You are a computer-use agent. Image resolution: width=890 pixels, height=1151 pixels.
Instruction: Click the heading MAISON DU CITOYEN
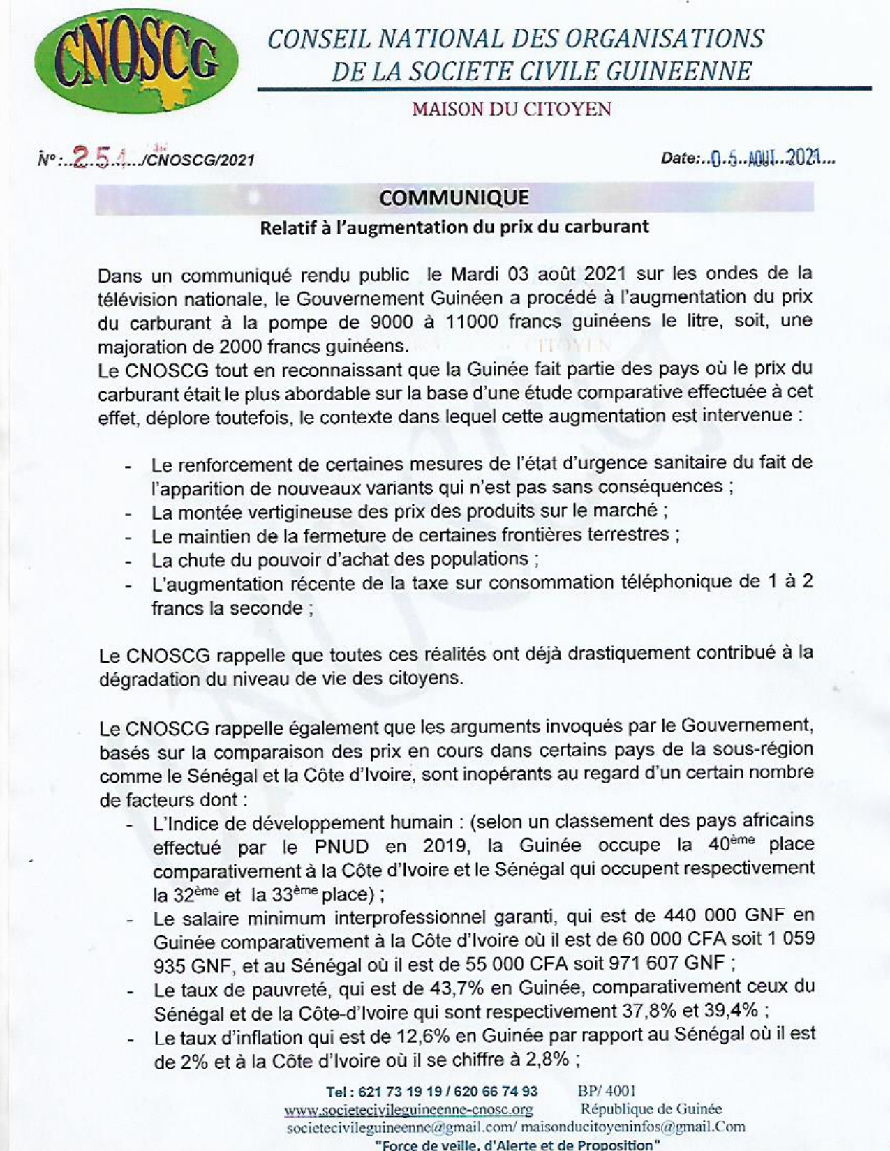(x=512, y=110)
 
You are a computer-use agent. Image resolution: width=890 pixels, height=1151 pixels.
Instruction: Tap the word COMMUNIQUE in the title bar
(x=454, y=198)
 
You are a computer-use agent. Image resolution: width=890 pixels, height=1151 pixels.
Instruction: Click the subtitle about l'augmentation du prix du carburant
(x=454, y=227)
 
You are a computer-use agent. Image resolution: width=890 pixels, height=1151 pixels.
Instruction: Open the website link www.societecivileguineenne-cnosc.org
(x=408, y=1109)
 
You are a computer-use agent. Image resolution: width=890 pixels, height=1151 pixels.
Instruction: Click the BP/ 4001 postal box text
(x=607, y=1091)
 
